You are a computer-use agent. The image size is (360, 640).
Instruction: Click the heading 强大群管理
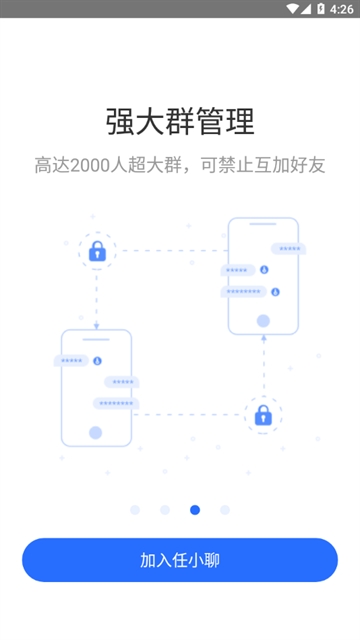click(x=180, y=121)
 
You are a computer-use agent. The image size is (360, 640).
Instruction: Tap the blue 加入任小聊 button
click(x=180, y=560)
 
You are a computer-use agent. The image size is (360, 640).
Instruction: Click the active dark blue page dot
click(x=195, y=510)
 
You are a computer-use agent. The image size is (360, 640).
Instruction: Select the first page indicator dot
click(x=135, y=510)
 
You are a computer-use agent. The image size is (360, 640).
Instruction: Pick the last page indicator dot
click(x=225, y=510)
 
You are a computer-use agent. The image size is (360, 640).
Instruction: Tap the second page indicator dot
click(x=165, y=510)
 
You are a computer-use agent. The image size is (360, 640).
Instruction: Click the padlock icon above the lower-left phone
click(x=97, y=251)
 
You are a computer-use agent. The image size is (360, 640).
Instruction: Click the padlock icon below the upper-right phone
click(x=263, y=414)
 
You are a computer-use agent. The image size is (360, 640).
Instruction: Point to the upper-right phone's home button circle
click(x=263, y=321)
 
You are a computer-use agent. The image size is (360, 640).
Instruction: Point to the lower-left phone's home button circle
click(x=96, y=433)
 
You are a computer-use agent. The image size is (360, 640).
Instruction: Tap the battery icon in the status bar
click(x=320, y=8)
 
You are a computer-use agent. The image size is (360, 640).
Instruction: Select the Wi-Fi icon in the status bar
click(x=292, y=8)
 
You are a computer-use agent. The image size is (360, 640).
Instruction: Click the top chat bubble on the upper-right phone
click(x=287, y=248)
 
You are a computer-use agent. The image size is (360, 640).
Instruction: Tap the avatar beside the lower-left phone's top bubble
click(x=97, y=360)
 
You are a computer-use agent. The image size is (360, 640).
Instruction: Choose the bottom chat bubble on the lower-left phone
click(x=116, y=403)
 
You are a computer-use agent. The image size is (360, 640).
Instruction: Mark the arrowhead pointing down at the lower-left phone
click(x=97, y=324)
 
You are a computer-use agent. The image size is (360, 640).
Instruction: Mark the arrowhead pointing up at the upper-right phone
click(x=263, y=340)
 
